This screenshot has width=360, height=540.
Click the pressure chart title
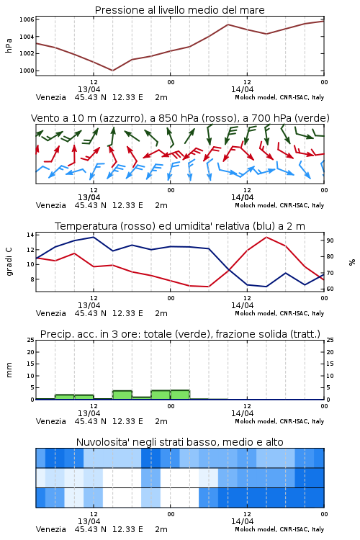point(179,10)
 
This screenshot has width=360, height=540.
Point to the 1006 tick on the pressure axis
point(27,19)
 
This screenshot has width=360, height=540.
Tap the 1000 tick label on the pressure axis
point(27,71)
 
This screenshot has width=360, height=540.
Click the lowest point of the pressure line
point(112,71)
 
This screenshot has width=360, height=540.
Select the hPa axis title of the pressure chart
point(9,45)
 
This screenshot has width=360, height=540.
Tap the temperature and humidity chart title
point(180,226)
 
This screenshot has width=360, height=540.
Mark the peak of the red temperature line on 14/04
point(266,237)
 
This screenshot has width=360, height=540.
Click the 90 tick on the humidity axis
point(330,240)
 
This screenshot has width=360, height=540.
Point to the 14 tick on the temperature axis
point(30,235)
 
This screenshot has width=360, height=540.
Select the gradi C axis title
point(9,262)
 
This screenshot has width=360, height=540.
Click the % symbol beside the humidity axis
point(352,262)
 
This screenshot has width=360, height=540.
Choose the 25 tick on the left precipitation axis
point(31,340)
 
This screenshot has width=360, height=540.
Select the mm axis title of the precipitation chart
point(9,370)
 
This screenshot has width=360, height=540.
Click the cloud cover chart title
point(180,442)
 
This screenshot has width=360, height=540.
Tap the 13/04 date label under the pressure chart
point(89,89)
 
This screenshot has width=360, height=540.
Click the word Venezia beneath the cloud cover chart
point(51,529)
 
